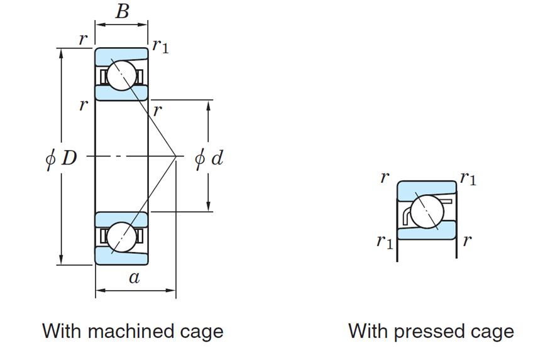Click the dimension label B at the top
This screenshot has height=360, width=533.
pos(122,11)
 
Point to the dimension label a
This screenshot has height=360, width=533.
pos(134,278)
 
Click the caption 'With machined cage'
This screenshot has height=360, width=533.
pos(133,331)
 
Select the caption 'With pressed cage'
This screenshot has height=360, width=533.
pos(431,331)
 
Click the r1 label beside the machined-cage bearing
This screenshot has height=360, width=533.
pos(160,46)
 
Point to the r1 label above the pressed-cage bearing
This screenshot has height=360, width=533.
pos(468,178)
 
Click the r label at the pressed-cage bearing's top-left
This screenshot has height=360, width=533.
pos(384,178)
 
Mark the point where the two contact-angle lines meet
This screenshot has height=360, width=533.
pos(175,156)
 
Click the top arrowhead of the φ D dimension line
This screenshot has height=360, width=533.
pos(62,53)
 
